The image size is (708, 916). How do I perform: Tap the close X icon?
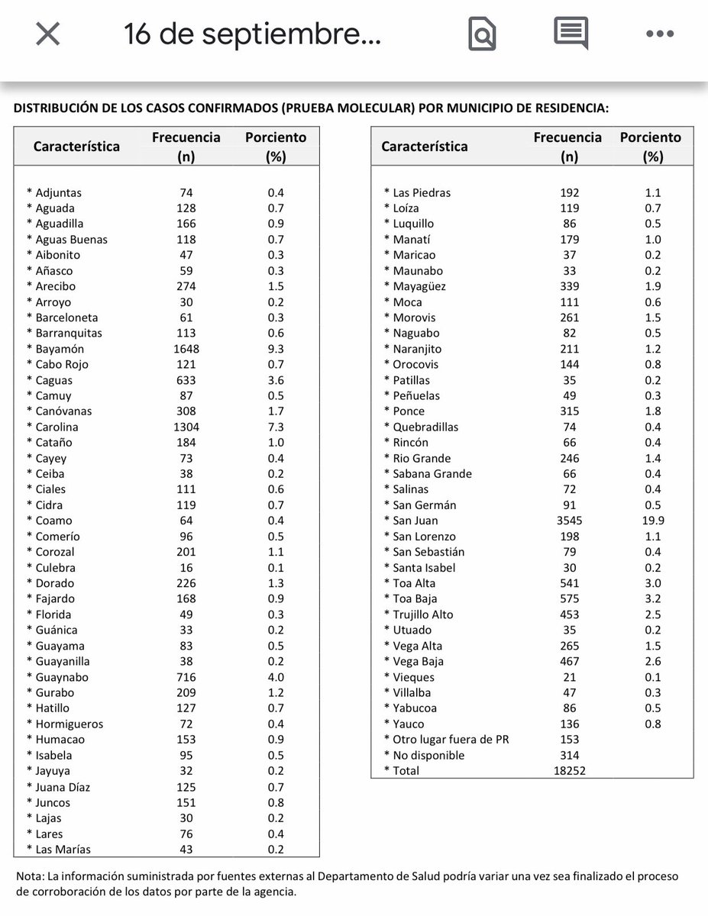[48, 34]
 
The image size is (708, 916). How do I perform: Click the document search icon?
[482, 34]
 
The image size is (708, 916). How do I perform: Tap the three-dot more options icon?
[659, 34]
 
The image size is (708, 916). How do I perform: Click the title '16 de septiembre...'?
[252, 34]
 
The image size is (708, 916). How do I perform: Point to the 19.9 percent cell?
[653, 521]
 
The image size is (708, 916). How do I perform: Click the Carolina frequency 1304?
[186, 427]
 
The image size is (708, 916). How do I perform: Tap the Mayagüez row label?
[419, 286]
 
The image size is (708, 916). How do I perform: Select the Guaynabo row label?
[62, 677]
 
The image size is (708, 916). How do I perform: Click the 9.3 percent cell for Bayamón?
[275, 349]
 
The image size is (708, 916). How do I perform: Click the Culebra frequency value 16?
[186, 568]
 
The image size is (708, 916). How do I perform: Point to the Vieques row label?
[413, 677]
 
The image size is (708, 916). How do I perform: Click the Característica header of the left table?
[76, 147]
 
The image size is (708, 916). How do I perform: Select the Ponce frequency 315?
[569, 411]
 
